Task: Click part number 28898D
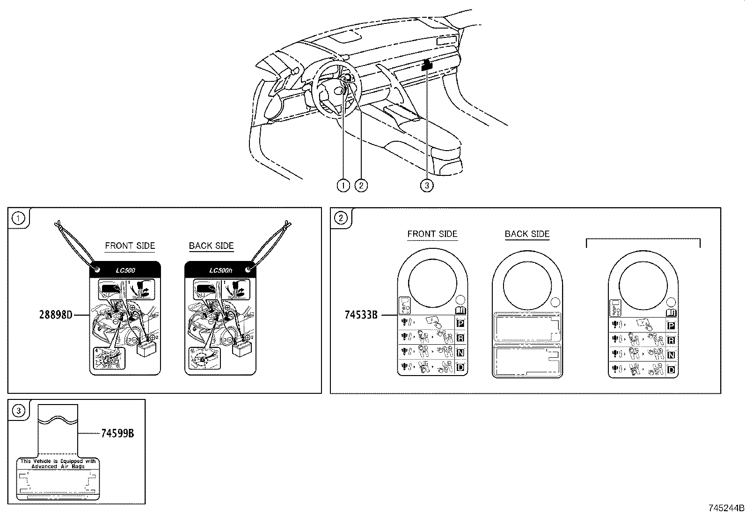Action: (56, 315)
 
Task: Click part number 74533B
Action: (361, 315)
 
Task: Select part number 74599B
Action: (117, 434)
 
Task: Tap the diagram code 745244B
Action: (725, 508)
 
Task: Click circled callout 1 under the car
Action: (343, 186)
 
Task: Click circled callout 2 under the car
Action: (361, 186)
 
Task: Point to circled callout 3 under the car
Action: (426, 186)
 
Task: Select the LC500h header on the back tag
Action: (220, 270)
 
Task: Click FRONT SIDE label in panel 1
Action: (130, 246)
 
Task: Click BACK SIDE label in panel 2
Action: (527, 234)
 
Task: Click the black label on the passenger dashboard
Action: (427, 65)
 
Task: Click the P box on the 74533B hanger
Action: (460, 323)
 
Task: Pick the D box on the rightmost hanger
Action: (671, 370)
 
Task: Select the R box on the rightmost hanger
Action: (671, 340)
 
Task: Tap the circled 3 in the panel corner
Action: (18, 411)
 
